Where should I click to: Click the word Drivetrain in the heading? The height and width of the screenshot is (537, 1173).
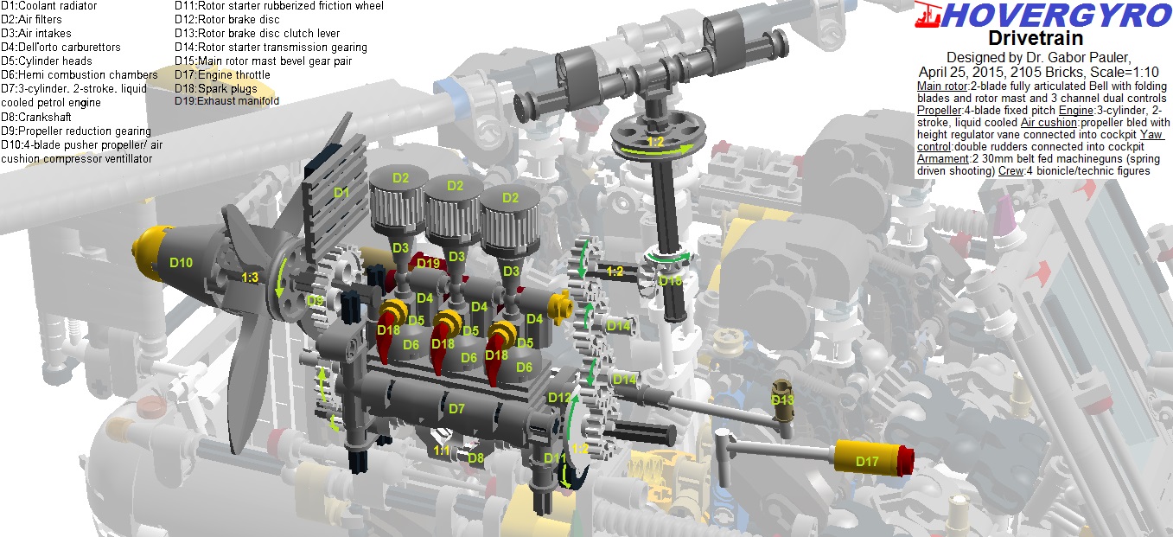click(x=1036, y=38)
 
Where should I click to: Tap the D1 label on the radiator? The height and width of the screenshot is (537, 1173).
click(x=341, y=193)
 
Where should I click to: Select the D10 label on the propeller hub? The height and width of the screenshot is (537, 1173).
click(x=182, y=263)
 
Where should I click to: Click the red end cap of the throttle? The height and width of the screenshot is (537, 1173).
click(x=905, y=461)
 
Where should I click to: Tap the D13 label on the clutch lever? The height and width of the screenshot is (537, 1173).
click(x=782, y=400)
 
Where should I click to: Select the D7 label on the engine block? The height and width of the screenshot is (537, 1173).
click(x=456, y=409)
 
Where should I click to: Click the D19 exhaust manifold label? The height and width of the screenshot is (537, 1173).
click(x=429, y=263)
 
